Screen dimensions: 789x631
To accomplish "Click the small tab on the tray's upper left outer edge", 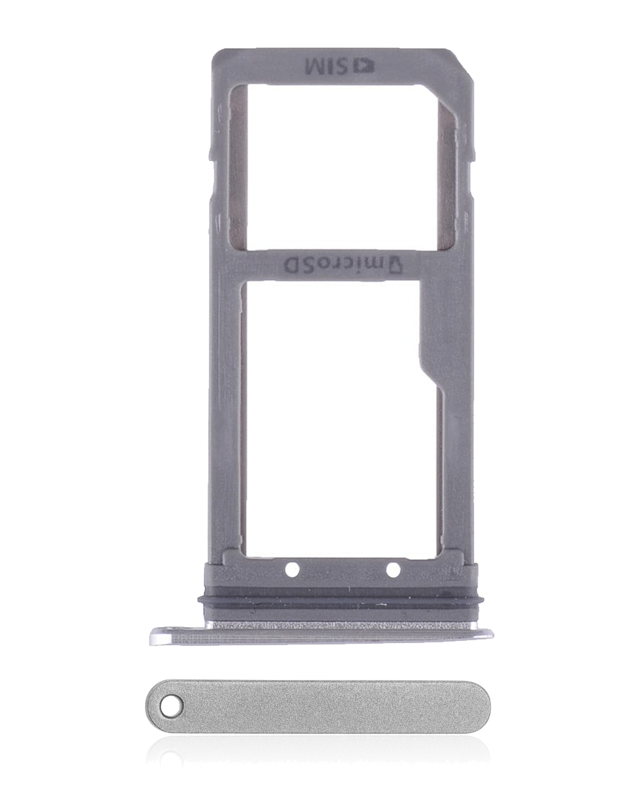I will tap(211, 150).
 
